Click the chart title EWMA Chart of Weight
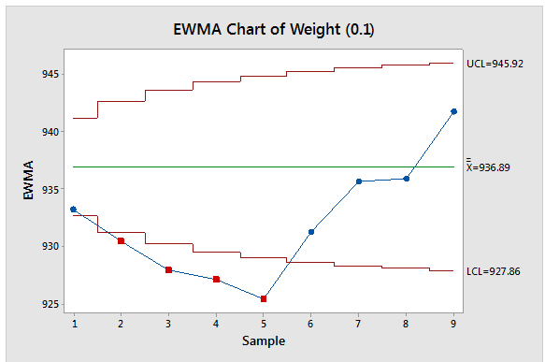tap(272, 28)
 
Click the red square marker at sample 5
tap(264, 298)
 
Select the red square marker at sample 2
tap(121, 240)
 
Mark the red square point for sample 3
tap(168, 269)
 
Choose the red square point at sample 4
tap(216, 279)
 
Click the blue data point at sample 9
tap(454, 111)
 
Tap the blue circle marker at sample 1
tap(73, 210)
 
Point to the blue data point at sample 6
tap(311, 231)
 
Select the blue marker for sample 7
tap(359, 181)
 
